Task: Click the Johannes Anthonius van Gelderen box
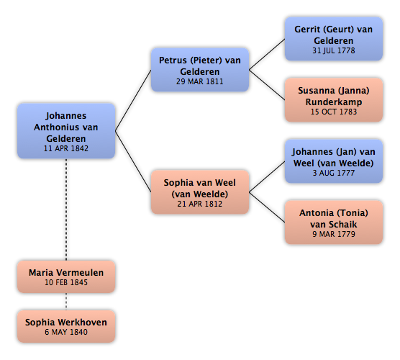point(66,131)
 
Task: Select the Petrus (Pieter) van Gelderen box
point(200,70)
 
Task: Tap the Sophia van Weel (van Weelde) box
point(200,192)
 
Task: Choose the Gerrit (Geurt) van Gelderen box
point(334,39)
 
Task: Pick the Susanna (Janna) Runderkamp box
point(334,100)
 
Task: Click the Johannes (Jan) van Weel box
point(334,161)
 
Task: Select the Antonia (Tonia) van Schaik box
point(334,222)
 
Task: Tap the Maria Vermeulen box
point(66,276)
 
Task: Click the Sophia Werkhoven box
point(66,326)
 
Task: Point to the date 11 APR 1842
point(66,148)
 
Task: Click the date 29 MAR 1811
point(200,81)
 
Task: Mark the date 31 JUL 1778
point(334,50)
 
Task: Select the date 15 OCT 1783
point(334,112)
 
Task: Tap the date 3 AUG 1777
point(334,173)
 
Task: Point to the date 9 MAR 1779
point(334,234)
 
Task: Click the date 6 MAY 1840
point(66,332)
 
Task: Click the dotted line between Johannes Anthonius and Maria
point(66,210)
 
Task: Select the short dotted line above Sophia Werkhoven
point(66,302)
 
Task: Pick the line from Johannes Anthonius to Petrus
point(133,100)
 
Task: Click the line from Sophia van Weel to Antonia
point(267,207)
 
